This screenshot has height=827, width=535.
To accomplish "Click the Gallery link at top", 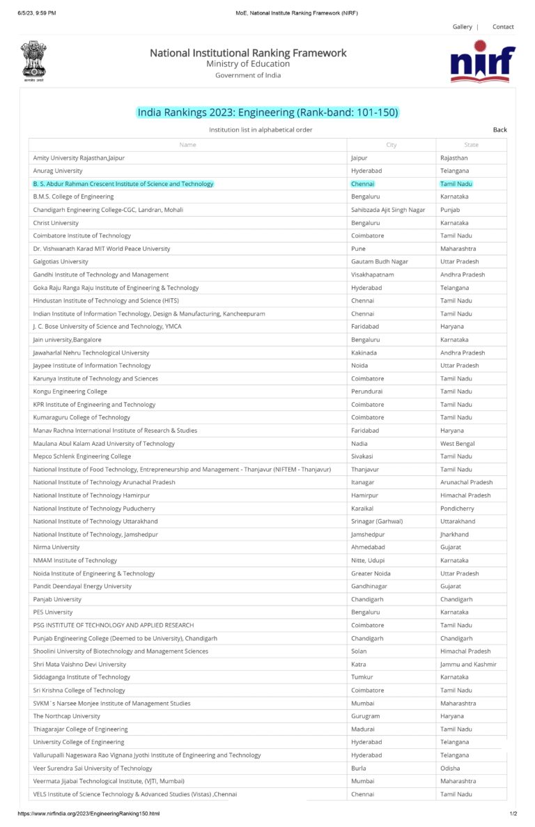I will click(x=462, y=26).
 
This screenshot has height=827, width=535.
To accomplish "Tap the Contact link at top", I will click(x=503, y=26).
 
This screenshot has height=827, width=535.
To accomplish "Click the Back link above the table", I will click(x=499, y=130).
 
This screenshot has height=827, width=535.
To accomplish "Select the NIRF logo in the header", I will click(x=483, y=61).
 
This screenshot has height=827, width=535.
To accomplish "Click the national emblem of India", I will click(x=33, y=61).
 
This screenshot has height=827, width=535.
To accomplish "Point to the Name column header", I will click(x=187, y=145).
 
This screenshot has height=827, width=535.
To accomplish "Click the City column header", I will click(x=391, y=145).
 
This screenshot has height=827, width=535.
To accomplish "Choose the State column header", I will click(x=471, y=145).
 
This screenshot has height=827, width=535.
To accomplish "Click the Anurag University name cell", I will click(x=58, y=171).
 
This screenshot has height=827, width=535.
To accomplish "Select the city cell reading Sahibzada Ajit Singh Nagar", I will click(x=388, y=210).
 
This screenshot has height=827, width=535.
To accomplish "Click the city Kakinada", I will click(x=364, y=353).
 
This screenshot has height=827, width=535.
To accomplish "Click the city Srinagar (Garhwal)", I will click(x=377, y=522).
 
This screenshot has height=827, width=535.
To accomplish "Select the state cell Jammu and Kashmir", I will click(x=468, y=665).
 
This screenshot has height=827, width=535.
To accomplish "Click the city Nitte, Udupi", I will click(x=370, y=561).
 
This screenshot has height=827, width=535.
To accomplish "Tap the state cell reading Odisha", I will click(x=450, y=768).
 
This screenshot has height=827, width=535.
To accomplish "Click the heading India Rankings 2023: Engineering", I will click(x=267, y=113).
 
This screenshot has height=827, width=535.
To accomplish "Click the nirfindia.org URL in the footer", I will click(x=88, y=814).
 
